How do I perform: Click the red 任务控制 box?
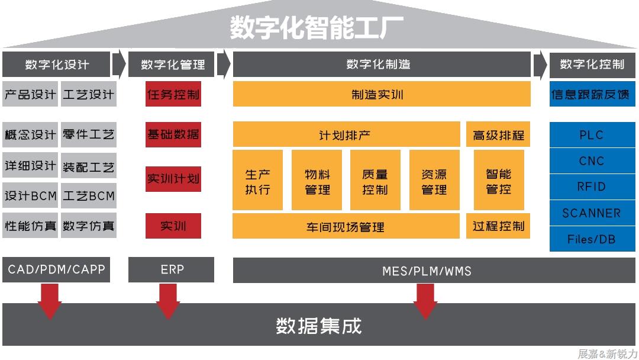(173, 94)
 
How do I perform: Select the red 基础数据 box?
(173, 134)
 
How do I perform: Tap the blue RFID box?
(592, 187)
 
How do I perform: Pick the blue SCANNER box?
(592, 213)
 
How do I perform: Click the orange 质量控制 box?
(375, 181)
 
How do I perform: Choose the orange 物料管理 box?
(317, 181)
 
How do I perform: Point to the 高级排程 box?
(498, 134)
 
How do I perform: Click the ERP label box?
(172, 270)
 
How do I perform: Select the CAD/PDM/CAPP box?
(56, 270)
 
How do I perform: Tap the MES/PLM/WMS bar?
(426, 271)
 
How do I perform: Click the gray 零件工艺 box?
(89, 134)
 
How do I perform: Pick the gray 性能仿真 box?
(30, 226)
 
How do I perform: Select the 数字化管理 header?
(172, 65)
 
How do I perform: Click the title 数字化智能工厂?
(317, 28)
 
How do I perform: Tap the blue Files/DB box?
(592, 239)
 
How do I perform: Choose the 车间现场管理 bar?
(346, 226)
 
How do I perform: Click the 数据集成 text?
(319, 326)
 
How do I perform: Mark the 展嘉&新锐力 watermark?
(607, 353)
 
